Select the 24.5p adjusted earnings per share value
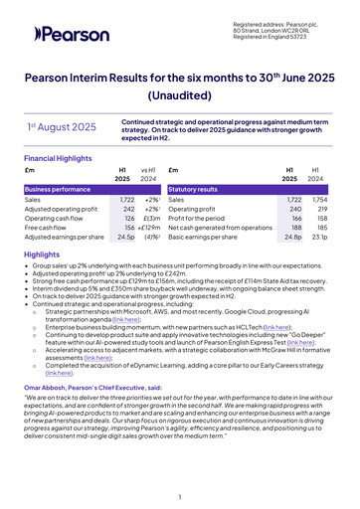pyautogui.click(x=125, y=238)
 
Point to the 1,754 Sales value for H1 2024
pyautogui.click(x=318, y=200)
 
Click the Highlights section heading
pyautogui.click(x=41, y=255)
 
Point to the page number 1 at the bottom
pyautogui.click(x=180, y=495)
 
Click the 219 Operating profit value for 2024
pyautogui.click(x=320, y=210)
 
